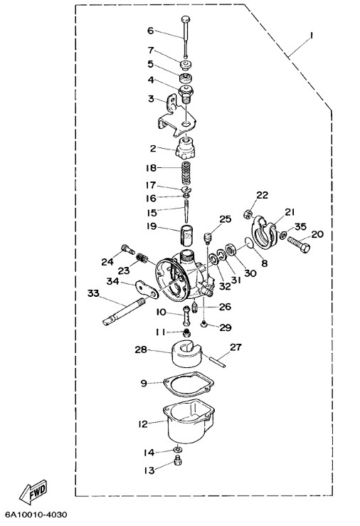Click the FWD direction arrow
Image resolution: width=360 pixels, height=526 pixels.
tap(33, 490)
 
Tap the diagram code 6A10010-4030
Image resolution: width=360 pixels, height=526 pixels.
tap(36, 515)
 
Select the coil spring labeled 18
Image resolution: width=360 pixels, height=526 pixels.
tap(186, 172)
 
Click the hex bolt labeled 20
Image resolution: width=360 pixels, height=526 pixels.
tap(298, 244)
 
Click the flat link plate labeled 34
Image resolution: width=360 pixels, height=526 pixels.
tap(147, 289)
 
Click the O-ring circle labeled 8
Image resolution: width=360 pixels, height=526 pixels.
tap(249, 243)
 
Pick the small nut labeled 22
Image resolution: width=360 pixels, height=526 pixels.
tap(248, 214)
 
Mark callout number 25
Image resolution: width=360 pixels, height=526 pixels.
tap(226, 219)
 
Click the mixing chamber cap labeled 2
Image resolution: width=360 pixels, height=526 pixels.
tap(186, 149)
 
